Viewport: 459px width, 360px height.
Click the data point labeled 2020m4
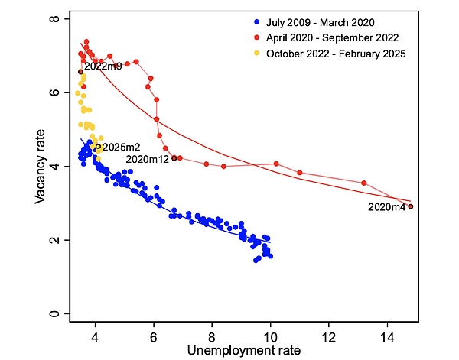coord(411,206)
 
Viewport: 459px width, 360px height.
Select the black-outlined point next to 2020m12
coord(174,158)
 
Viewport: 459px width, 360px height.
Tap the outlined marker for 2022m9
coord(80,72)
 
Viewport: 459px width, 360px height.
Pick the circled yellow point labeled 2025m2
coord(98,147)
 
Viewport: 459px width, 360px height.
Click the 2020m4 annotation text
coord(386,207)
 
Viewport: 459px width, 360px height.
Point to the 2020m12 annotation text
coord(148,159)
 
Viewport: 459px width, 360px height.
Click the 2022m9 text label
coord(103,66)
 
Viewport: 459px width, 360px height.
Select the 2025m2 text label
coord(121,147)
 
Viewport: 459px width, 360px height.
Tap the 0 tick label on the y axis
coord(54,314)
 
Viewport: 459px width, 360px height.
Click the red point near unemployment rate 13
coord(364,183)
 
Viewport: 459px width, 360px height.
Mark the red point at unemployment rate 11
coord(300,173)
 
